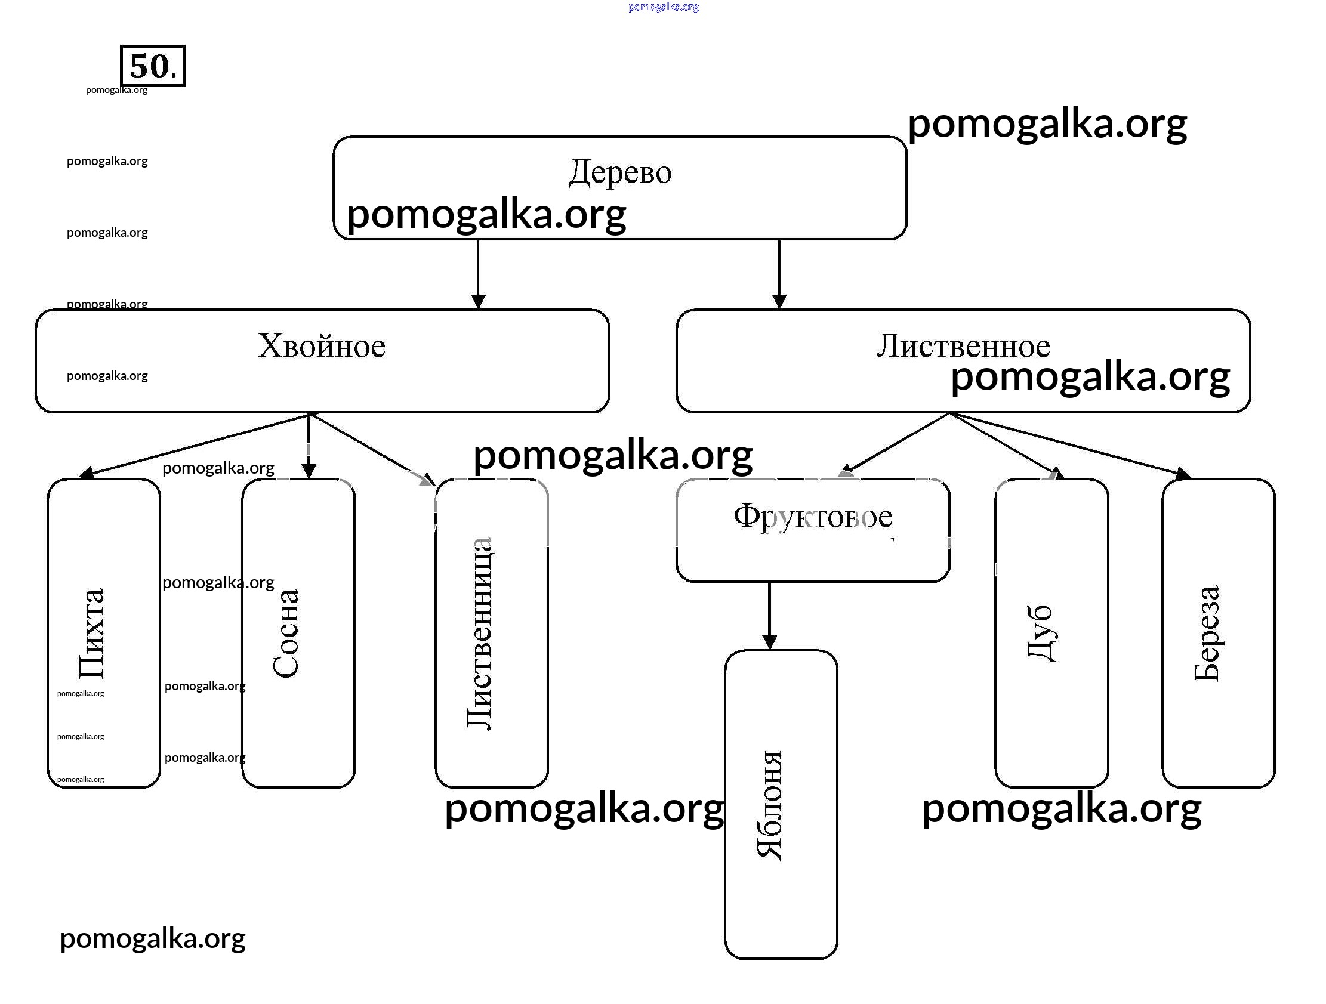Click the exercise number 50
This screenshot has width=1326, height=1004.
point(152,66)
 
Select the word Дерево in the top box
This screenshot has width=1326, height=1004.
point(620,172)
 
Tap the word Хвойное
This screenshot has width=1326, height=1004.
point(321,346)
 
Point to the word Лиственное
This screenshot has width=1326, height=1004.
point(963,346)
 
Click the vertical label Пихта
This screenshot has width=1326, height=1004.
point(92,633)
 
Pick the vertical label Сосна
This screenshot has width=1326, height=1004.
point(286,633)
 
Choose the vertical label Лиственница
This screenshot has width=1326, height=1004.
point(480,633)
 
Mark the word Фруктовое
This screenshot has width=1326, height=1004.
point(813,517)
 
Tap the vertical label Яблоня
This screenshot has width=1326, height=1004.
point(769,805)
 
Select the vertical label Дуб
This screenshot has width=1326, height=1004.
point(1041,633)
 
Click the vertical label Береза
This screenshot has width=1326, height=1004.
point(1207,633)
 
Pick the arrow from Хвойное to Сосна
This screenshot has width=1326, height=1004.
point(309,446)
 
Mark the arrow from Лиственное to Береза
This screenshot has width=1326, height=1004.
point(1073,447)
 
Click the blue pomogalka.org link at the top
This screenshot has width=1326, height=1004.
point(664,7)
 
